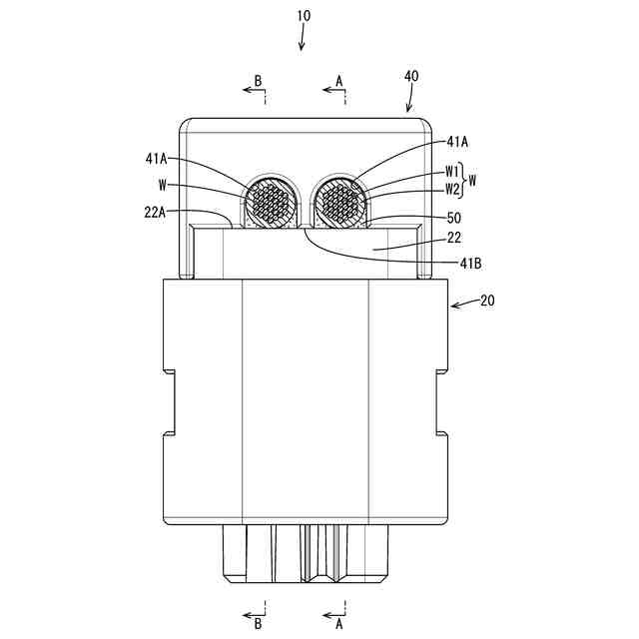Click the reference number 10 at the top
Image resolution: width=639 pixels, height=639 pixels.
(304, 16)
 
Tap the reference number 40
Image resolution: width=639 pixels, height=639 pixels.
(411, 76)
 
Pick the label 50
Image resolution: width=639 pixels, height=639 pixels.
(453, 217)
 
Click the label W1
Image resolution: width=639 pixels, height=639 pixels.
(451, 171)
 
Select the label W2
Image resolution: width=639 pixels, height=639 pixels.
(451, 189)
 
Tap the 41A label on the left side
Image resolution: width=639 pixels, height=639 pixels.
(158, 158)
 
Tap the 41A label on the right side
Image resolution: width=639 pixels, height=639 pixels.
(457, 142)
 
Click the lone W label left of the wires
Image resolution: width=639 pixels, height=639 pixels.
(161, 184)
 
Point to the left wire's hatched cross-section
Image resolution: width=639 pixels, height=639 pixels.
(273, 206)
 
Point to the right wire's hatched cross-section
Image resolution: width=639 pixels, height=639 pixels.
(338, 206)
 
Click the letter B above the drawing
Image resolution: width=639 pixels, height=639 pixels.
(258, 79)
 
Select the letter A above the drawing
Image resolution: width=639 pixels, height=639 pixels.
(338, 79)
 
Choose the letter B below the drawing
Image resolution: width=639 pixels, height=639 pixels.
(258, 624)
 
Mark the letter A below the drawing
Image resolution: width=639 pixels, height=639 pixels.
(338, 624)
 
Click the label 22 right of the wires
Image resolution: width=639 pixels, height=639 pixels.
(454, 239)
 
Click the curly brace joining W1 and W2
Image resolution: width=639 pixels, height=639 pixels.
(463, 180)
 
